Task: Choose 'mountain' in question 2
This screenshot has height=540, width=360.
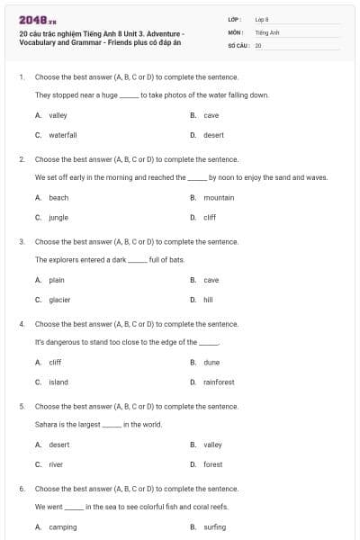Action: [219, 197]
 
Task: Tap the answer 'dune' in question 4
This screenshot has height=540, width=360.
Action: [211, 362]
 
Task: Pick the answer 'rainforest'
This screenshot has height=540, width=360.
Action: [219, 382]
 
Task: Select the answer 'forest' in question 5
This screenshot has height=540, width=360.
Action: [212, 464]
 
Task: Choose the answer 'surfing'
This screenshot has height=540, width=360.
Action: [214, 527]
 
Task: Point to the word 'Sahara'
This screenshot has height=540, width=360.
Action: [44, 425]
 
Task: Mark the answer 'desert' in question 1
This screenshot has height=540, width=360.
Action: [213, 135]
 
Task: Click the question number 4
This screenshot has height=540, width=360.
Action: [21, 324]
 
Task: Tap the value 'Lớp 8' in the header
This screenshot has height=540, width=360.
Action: [261, 19]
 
